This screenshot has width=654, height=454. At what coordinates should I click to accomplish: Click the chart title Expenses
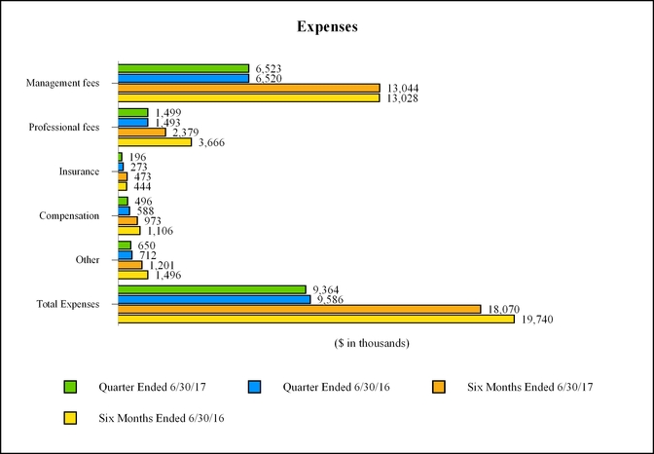pos(327,27)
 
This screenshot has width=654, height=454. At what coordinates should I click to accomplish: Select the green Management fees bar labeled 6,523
pos(184,69)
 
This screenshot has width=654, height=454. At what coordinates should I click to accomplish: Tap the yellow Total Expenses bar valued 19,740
pos(316,319)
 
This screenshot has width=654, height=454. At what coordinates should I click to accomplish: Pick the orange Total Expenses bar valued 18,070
pos(300,309)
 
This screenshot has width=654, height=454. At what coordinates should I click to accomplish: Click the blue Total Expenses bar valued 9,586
pos(214,299)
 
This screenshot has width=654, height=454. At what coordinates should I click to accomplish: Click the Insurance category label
pos(79,171)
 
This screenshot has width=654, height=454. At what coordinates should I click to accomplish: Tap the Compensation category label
pos(69,215)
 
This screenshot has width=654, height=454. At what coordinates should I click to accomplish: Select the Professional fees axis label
pos(64,128)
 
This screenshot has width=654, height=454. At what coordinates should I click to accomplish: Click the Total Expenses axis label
pos(68,304)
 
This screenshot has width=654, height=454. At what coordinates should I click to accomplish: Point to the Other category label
pos(88,260)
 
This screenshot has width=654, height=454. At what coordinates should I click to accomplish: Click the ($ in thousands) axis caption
pos(371,343)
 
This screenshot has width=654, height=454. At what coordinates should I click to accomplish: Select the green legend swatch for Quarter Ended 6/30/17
pos(70,387)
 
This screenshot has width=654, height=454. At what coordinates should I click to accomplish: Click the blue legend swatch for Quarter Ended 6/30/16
pos(254,387)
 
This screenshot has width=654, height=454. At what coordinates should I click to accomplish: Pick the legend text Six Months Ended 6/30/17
pos(529,387)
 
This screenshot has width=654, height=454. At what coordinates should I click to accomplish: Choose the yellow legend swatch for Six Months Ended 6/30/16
pos(70,417)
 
